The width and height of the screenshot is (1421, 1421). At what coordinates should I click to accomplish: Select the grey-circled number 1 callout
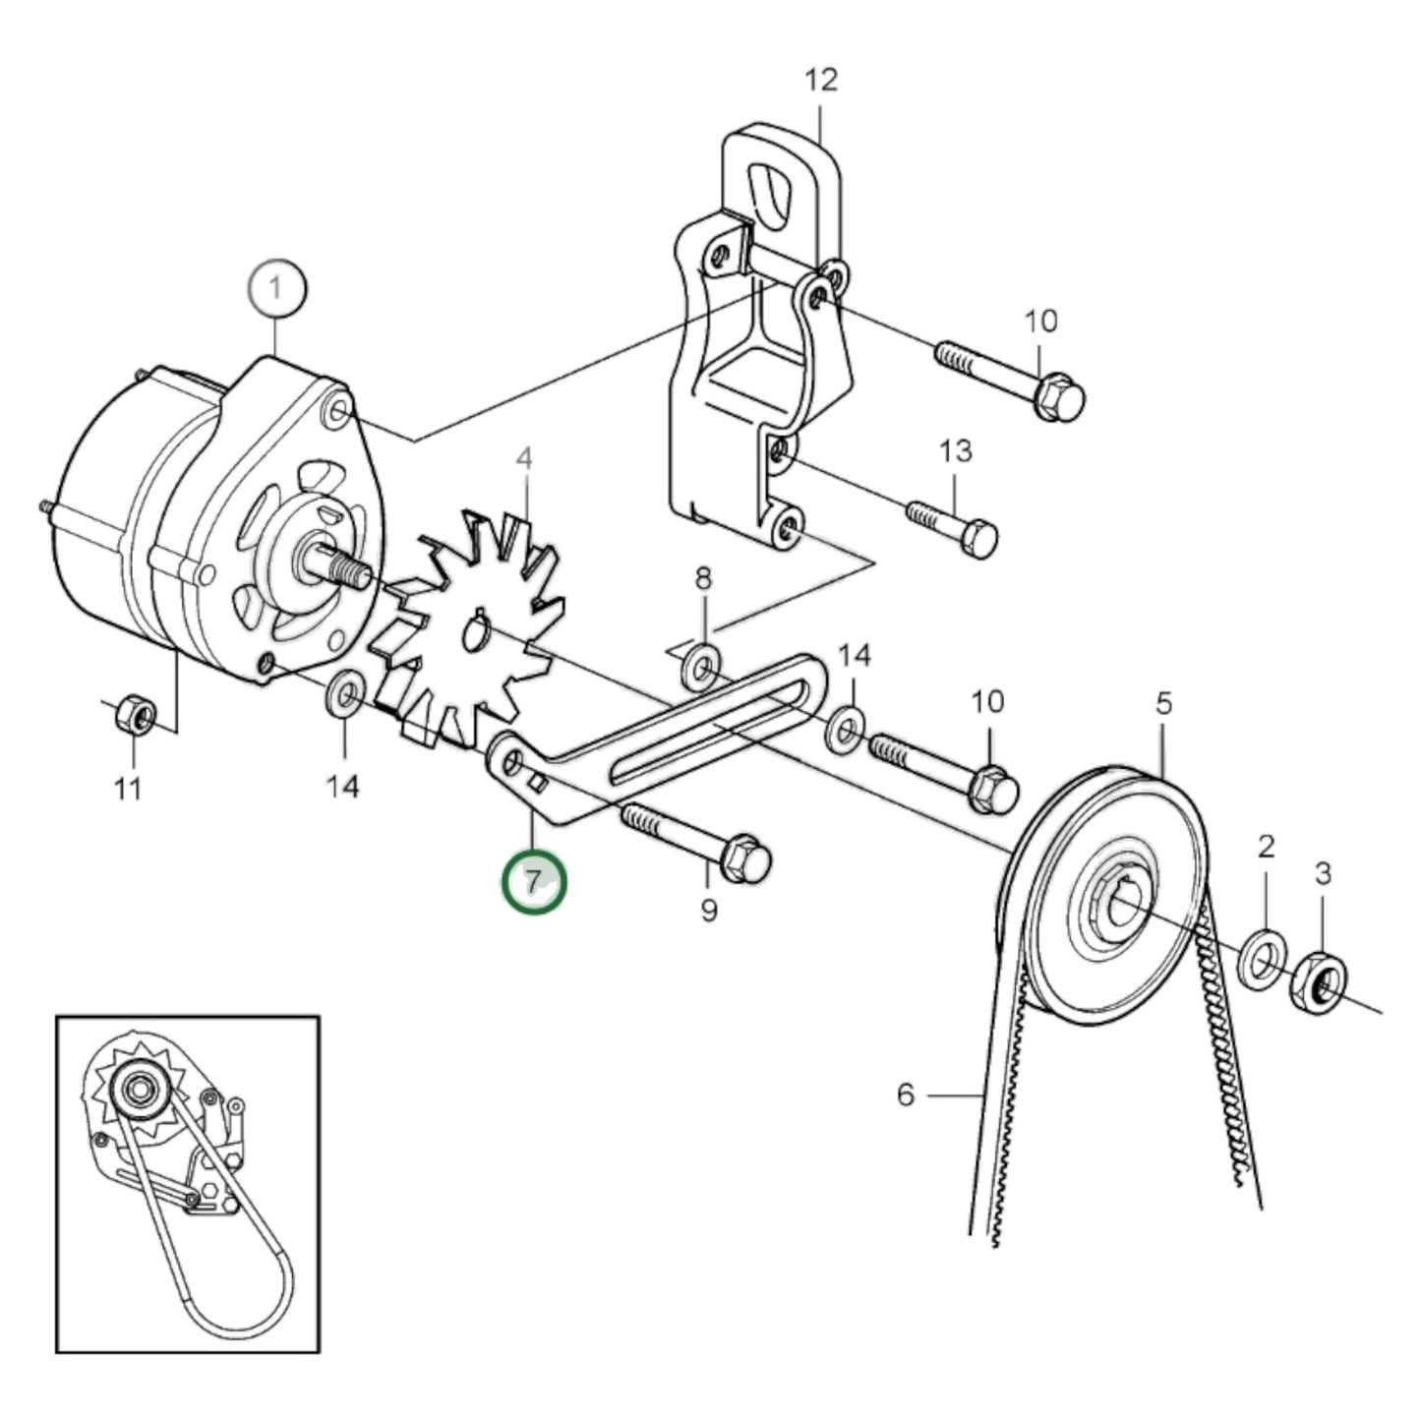coord(277,289)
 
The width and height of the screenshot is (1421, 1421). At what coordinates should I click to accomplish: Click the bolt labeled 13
coord(954,525)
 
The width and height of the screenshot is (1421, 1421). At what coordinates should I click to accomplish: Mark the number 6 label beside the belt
coord(906,1094)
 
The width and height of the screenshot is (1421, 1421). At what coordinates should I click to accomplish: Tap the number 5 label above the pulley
coord(1163,703)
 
